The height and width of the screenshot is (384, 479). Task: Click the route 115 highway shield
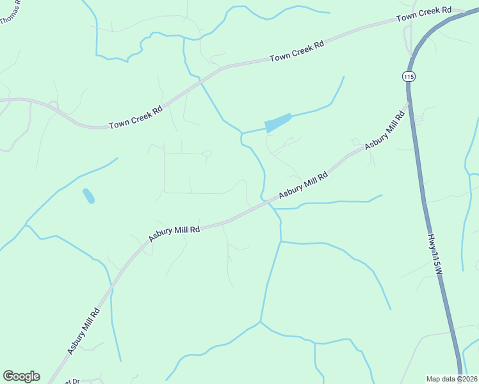(409, 76)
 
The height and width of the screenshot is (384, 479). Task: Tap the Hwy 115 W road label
(435, 255)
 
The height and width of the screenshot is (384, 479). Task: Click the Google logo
(21, 376)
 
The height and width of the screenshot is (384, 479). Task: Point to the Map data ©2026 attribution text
(452, 379)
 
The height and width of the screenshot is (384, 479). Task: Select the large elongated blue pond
(278, 122)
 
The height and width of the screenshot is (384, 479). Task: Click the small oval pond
(88, 195)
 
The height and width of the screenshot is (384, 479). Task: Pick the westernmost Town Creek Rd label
(135, 117)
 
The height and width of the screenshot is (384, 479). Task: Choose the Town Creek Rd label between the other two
(296, 50)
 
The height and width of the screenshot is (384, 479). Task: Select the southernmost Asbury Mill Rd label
(83, 332)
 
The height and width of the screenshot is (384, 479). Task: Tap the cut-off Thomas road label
(9, 12)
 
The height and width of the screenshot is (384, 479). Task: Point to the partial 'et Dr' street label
(71, 381)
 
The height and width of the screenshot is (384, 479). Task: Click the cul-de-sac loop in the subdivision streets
(206, 154)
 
